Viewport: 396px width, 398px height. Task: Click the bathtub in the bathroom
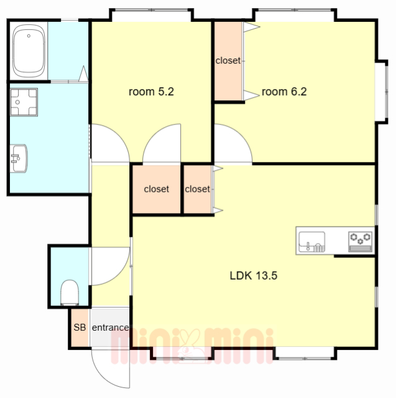(29, 51)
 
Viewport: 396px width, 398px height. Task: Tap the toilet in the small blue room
(70, 293)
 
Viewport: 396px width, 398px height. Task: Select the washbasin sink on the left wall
(19, 158)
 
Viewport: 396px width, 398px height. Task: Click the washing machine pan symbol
(24, 102)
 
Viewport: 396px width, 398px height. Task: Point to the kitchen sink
(311, 242)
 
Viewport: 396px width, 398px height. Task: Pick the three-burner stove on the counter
(361, 242)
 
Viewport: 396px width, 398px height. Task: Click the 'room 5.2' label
(151, 92)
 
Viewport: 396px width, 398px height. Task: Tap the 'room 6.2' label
(284, 92)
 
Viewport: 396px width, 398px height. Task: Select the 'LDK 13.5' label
(254, 275)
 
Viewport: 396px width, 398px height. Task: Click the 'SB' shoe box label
(80, 328)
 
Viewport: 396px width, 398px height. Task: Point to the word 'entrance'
(110, 328)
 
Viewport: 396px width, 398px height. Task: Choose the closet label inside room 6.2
(228, 60)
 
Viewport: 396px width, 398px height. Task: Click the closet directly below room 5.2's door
(156, 189)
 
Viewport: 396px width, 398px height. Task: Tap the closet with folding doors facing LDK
(197, 189)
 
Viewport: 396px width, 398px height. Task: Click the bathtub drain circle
(29, 36)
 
